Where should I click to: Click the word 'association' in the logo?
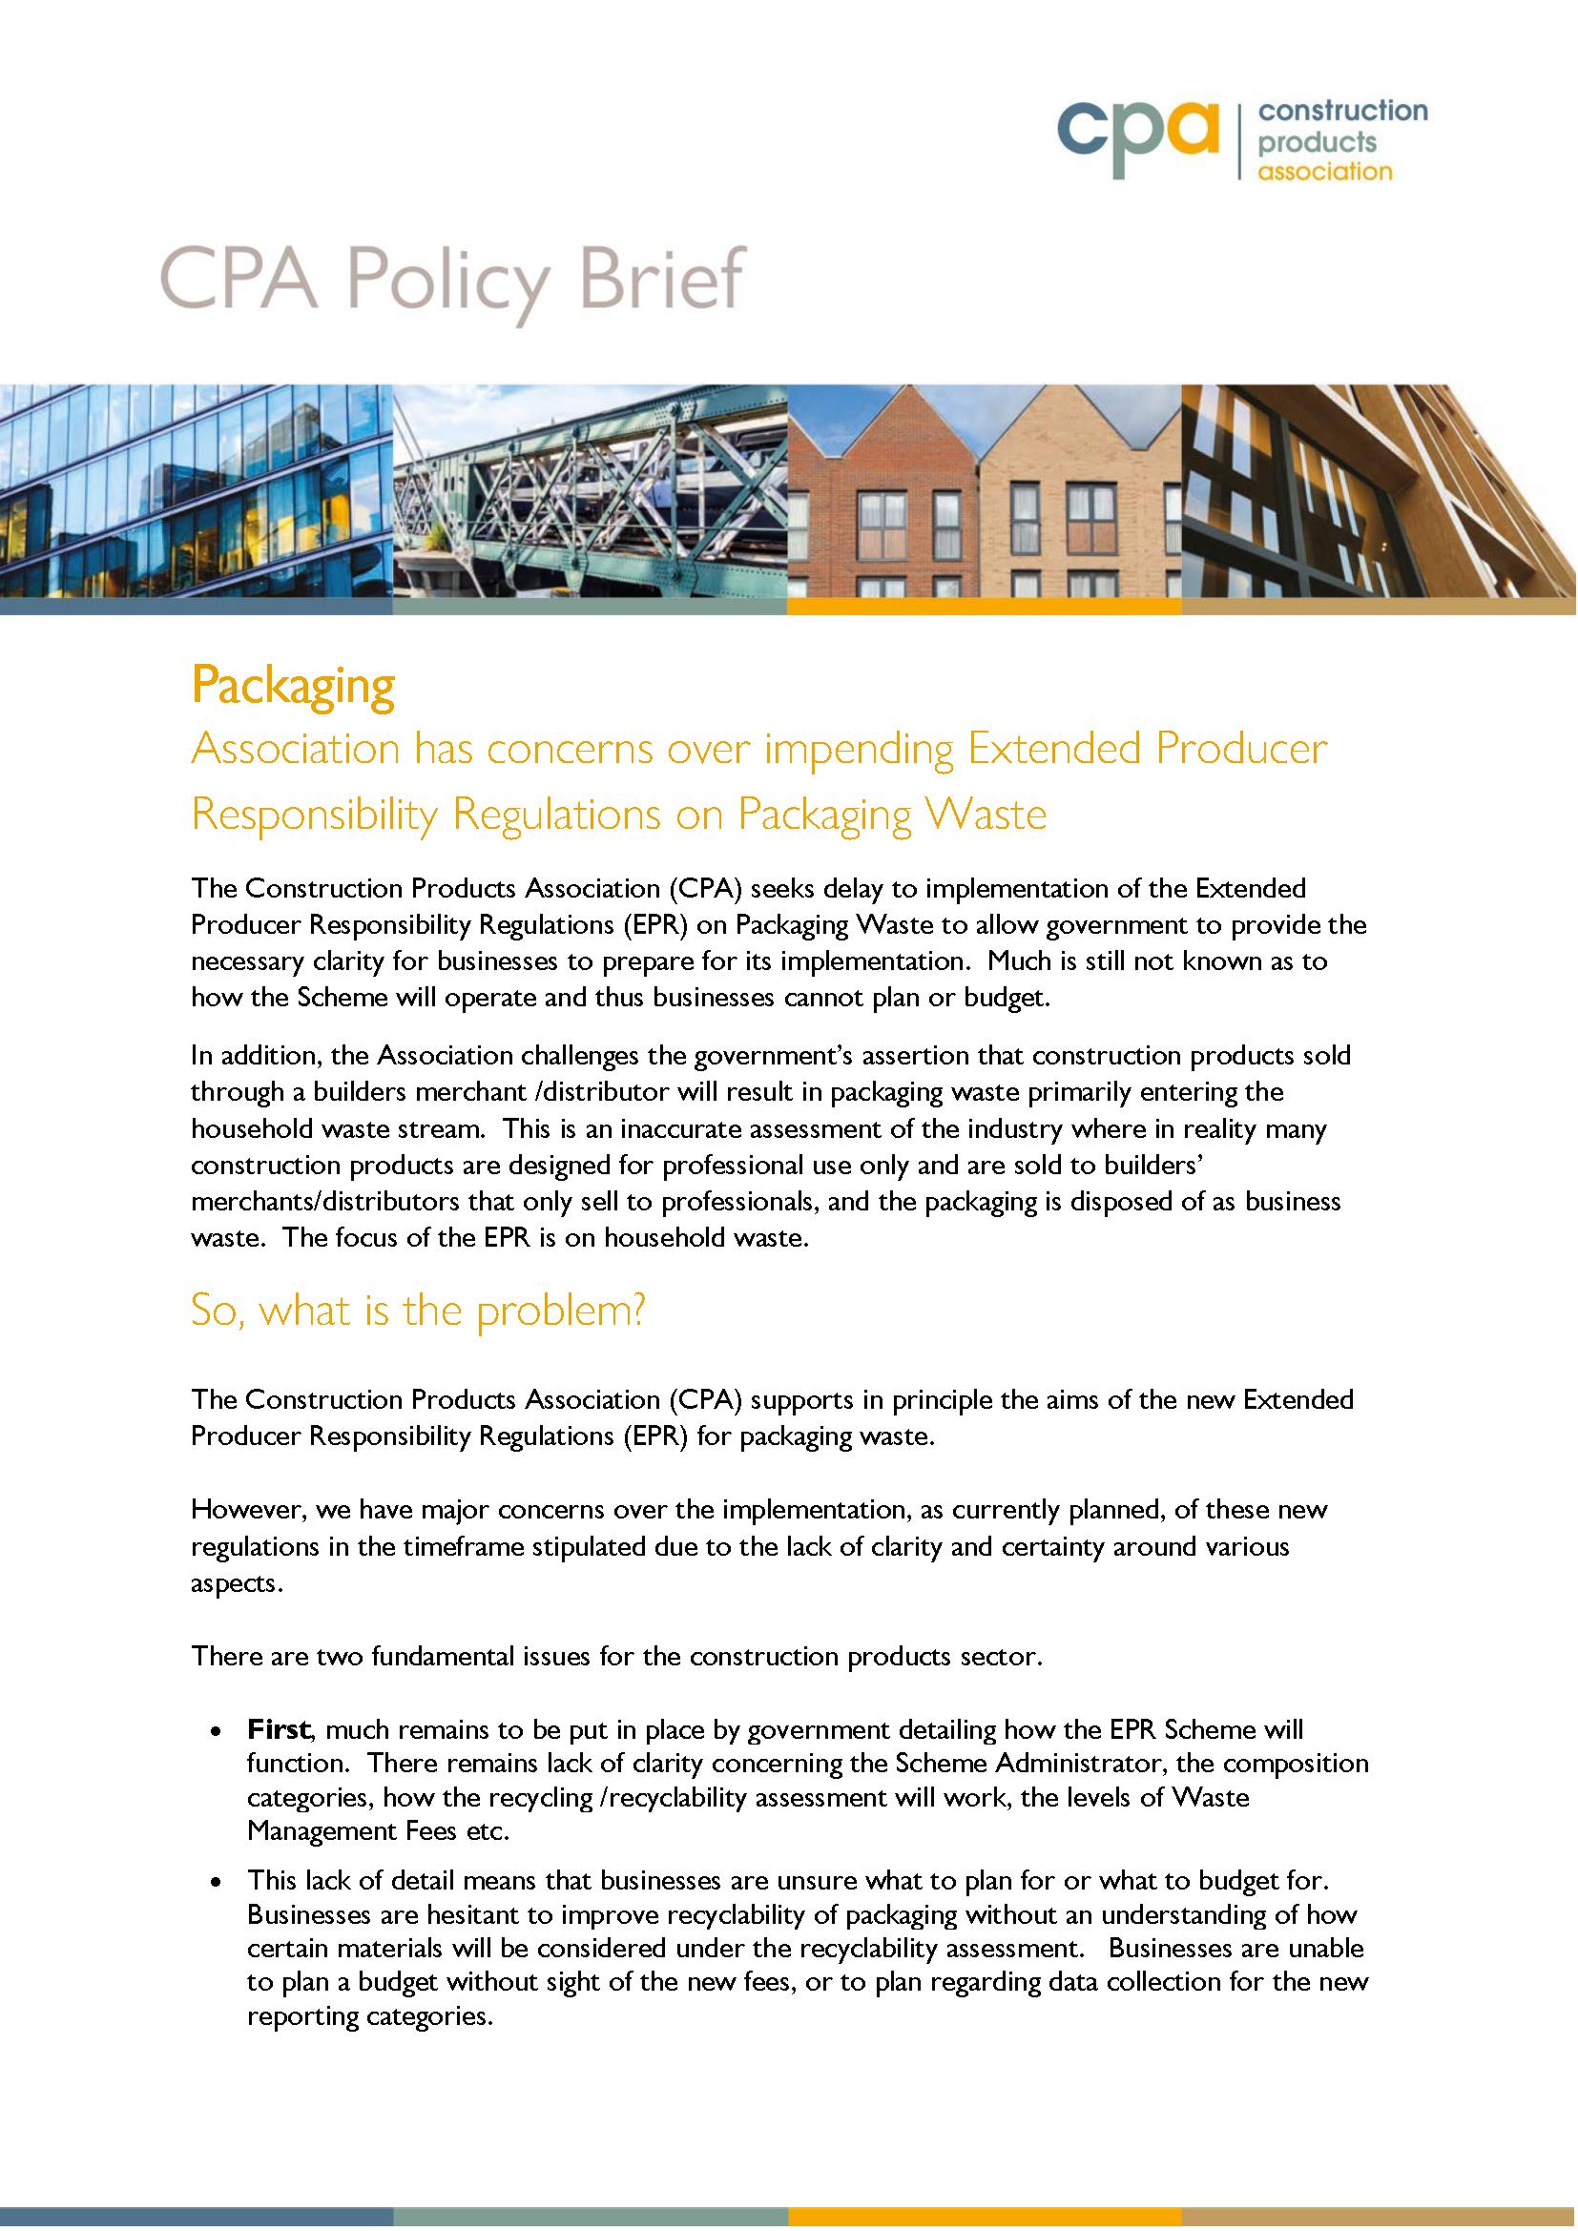point(1324,172)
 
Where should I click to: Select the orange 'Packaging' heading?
point(293,686)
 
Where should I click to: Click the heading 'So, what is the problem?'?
point(418,1311)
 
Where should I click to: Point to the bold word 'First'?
point(278,1728)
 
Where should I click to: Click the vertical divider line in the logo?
point(1239,142)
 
